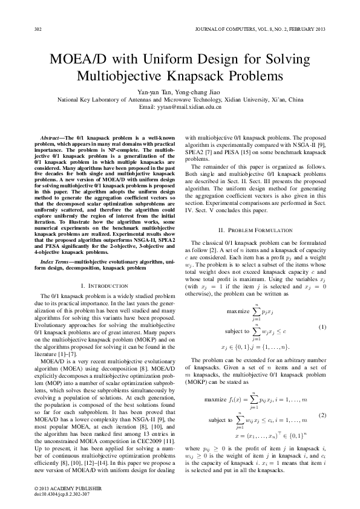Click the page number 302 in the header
pos(38,29)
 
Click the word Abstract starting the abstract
pos(49,138)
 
